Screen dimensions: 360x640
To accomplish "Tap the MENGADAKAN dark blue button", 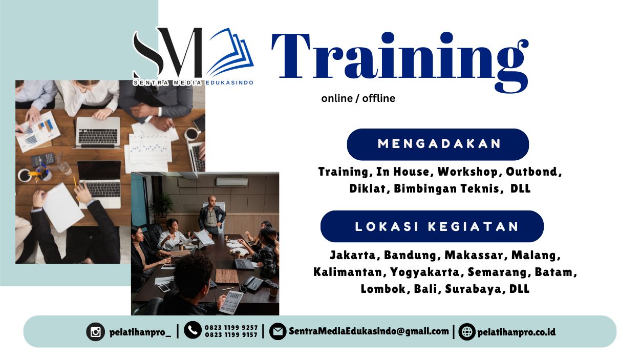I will coord(438,144).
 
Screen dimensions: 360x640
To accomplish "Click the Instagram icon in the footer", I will coord(96,331).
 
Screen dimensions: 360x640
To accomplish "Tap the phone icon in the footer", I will coord(193,331).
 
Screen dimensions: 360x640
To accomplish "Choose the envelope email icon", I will coord(278,331).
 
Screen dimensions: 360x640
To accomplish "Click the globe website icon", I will coord(466,331).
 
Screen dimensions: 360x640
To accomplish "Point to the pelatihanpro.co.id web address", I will coord(516,332).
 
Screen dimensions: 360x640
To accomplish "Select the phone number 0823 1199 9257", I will coord(231,327).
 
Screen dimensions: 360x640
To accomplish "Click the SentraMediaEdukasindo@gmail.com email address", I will coord(369,331).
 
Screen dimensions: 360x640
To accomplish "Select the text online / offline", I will coord(358,98).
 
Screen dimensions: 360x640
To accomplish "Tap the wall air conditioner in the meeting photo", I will coord(231,182).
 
